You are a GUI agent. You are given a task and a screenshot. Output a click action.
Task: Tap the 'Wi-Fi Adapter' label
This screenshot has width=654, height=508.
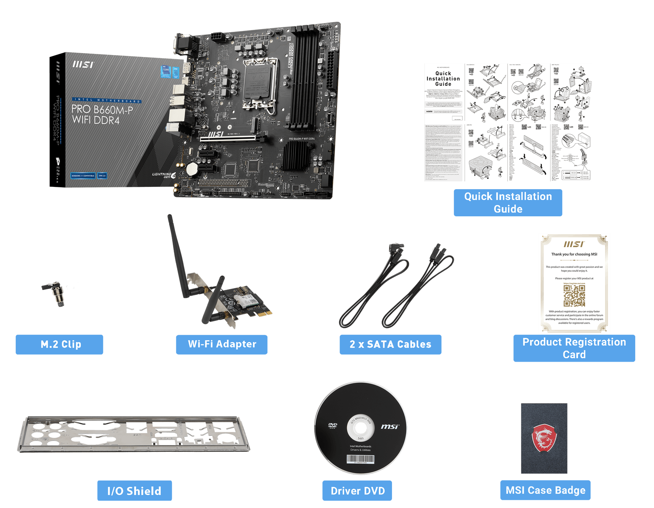(222, 344)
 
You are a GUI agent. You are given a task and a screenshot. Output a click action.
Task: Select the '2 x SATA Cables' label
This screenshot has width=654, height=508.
(390, 344)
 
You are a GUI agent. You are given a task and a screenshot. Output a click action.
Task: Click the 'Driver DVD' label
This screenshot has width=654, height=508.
(357, 491)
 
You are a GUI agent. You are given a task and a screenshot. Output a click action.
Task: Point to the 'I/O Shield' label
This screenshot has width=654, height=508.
(134, 491)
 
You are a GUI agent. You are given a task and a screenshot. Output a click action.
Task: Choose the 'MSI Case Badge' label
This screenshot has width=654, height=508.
(545, 490)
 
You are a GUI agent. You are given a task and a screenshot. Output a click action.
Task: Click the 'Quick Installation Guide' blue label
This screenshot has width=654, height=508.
(508, 203)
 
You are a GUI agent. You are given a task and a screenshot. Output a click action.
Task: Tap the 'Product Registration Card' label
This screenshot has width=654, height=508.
(574, 348)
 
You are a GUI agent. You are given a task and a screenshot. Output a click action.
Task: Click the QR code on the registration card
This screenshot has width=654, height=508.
(574, 295)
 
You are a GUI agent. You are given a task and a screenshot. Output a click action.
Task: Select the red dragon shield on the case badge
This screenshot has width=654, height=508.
(544, 438)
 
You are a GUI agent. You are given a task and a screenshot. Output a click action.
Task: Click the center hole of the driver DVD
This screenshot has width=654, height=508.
(361, 428)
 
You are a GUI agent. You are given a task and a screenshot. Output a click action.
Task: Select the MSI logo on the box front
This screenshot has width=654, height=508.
(83, 65)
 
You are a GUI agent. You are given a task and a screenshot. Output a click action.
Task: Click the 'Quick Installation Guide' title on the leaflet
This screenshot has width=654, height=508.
(443, 79)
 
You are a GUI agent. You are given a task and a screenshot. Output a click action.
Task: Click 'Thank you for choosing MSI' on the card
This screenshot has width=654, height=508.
(574, 254)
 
